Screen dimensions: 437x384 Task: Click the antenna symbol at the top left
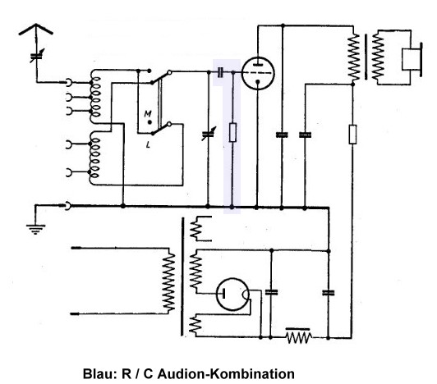click(36, 30)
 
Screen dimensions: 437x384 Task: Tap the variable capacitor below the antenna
click(36, 56)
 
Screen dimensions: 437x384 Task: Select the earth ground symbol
click(35, 229)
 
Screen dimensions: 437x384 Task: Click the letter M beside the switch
click(148, 113)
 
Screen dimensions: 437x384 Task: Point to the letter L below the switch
click(148, 144)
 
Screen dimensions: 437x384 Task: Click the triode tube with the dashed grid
click(258, 73)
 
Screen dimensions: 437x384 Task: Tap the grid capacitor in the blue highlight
click(220, 72)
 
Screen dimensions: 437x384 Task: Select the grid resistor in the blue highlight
click(232, 132)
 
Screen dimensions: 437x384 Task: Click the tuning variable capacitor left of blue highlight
click(208, 135)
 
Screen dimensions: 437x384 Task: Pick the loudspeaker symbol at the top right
click(412, 59)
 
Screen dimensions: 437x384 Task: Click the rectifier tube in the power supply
click(232, 295)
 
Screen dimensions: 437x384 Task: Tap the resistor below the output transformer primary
click(352, 135)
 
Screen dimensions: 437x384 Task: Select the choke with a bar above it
click(298, 336)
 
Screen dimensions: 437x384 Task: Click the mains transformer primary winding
click(168, 281)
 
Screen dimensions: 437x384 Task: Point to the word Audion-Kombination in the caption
click(226, 373)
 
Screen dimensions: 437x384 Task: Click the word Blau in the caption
click(99, 373)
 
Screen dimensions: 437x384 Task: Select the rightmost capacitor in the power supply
click(329, 293)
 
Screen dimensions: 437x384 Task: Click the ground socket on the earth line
click(67, 206)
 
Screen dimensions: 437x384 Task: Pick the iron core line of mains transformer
click(182, 277)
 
